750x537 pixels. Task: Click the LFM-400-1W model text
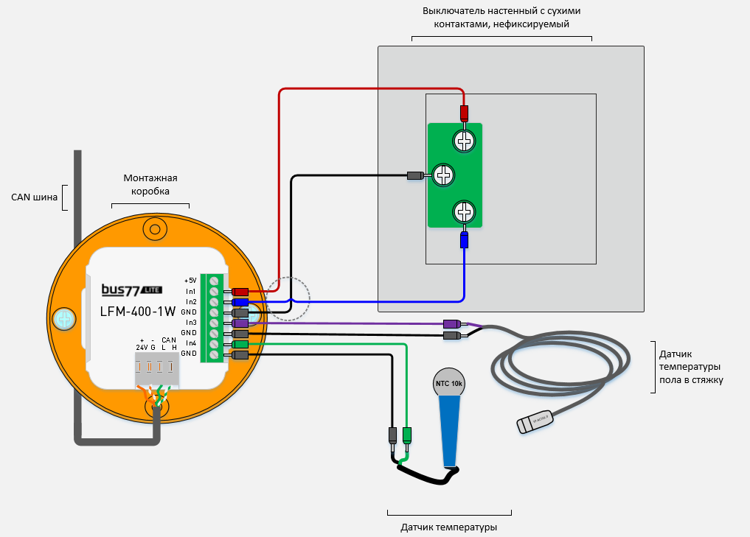click(138, 311)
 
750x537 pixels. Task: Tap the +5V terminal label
click(190, 281)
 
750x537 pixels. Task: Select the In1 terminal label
click(191, 292)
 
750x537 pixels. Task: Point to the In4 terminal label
click(191, 343)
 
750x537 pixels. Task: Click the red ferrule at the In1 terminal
click(240, 292)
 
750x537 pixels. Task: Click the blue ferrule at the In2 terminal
click(240, 302)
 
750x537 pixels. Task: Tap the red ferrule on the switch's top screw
click(464, 114)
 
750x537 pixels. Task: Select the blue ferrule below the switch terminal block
click(464, 240)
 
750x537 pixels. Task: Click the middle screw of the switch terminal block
click(442, 175)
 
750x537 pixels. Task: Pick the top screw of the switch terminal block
click(464, 140)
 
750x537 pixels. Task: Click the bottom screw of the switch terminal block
click(464, 212)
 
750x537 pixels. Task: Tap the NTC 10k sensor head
click(449, 383)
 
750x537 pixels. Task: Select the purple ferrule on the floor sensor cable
click(451, 324)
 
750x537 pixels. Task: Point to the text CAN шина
click(34, 197)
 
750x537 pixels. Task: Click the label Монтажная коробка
click(150, 184)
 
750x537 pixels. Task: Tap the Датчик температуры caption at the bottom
click(448, 527)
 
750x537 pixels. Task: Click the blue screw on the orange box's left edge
click(66, 319)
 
